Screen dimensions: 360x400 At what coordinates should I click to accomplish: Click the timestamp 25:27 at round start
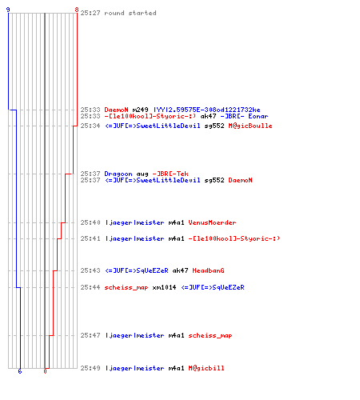click(x=90, y=13)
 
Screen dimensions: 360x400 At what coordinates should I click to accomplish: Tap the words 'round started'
click(x=130, y=13)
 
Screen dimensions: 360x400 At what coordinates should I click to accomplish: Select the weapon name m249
click(x=140, y=110)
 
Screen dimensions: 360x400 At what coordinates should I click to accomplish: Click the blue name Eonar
click(x=258, y=116)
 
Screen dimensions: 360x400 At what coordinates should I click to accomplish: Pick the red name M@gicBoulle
click(x=250, y=126)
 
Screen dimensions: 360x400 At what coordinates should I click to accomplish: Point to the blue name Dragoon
click(x=118, y=174)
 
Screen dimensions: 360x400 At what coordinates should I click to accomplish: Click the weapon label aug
click(x=142, y=174)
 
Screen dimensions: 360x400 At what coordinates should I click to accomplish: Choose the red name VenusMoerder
click(x=212, y=222)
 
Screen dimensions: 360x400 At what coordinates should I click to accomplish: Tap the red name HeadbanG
click(x=208, y=270)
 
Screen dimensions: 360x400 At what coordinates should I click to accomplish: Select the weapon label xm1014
click(x=164, y=287)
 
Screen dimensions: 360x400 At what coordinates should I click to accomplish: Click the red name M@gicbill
click(x=206, y=368)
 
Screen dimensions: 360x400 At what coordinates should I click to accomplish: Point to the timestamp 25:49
click(x=90, y=368)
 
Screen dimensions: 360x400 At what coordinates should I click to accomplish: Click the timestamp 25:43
click(x=90, y=270)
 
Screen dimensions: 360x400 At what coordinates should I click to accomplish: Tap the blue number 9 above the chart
click(x=8, y=10)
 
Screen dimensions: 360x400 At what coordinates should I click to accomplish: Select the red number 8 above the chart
click(x=77, y=10)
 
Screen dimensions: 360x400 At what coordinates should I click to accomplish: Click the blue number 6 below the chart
click(x=20, y=371)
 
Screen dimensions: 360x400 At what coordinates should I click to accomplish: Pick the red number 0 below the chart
click(x=45, y=371)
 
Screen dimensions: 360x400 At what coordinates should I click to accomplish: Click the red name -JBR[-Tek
click(x=170, y=174)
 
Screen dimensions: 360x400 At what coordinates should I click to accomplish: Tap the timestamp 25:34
click(x=90, y=126)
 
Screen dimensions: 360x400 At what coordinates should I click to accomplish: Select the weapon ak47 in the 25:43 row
click(x=180, y=270)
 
